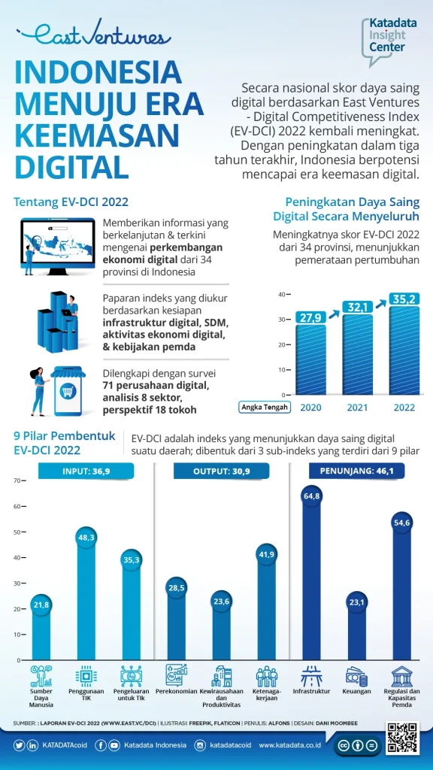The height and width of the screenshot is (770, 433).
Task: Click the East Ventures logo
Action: pyautogui.click(x=92, y=35)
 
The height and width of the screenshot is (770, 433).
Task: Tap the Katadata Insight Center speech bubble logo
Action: pyautogui.click(x=391, y=38)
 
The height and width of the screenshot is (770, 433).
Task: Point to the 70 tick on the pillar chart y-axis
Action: pyautogui.click(x=17, y=480)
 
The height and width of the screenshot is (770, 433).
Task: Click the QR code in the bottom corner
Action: pyautogui.click(x=401, y=738)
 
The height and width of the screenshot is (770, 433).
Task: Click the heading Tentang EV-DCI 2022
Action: pyautogui.click(x=71, y=202)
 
